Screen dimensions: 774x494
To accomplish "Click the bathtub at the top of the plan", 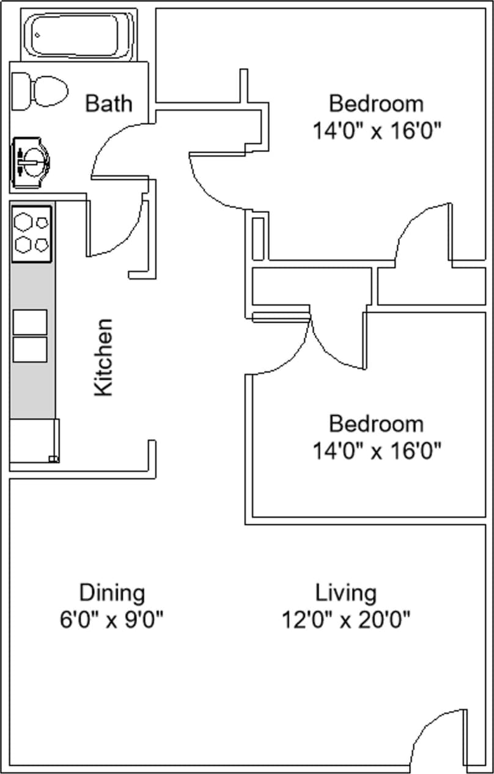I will click(x=79, y=35).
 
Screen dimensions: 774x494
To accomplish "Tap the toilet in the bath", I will click(x=40, y=91).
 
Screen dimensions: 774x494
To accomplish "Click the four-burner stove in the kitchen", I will click(x=32, y=234).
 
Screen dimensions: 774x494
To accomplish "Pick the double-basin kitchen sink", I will click(x=30, y=335).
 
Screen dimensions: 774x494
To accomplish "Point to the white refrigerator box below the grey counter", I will click(x=34, y=441).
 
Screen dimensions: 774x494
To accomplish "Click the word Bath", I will click(x=108, y=103).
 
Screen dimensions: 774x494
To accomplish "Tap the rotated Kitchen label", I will click(x=104, y=357).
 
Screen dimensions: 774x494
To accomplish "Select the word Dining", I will click(x=112, y=592).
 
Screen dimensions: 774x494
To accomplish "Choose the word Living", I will click(x=345, y=592).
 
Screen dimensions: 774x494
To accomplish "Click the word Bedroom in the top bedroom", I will click(x=376, y=103).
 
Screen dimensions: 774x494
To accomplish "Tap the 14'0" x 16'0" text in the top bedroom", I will click(x=377, y=131).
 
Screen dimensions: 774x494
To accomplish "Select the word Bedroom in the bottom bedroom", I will click(x=376, y=423).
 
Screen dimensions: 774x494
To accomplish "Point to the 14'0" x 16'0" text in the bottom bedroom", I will click(x=377, y=452).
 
